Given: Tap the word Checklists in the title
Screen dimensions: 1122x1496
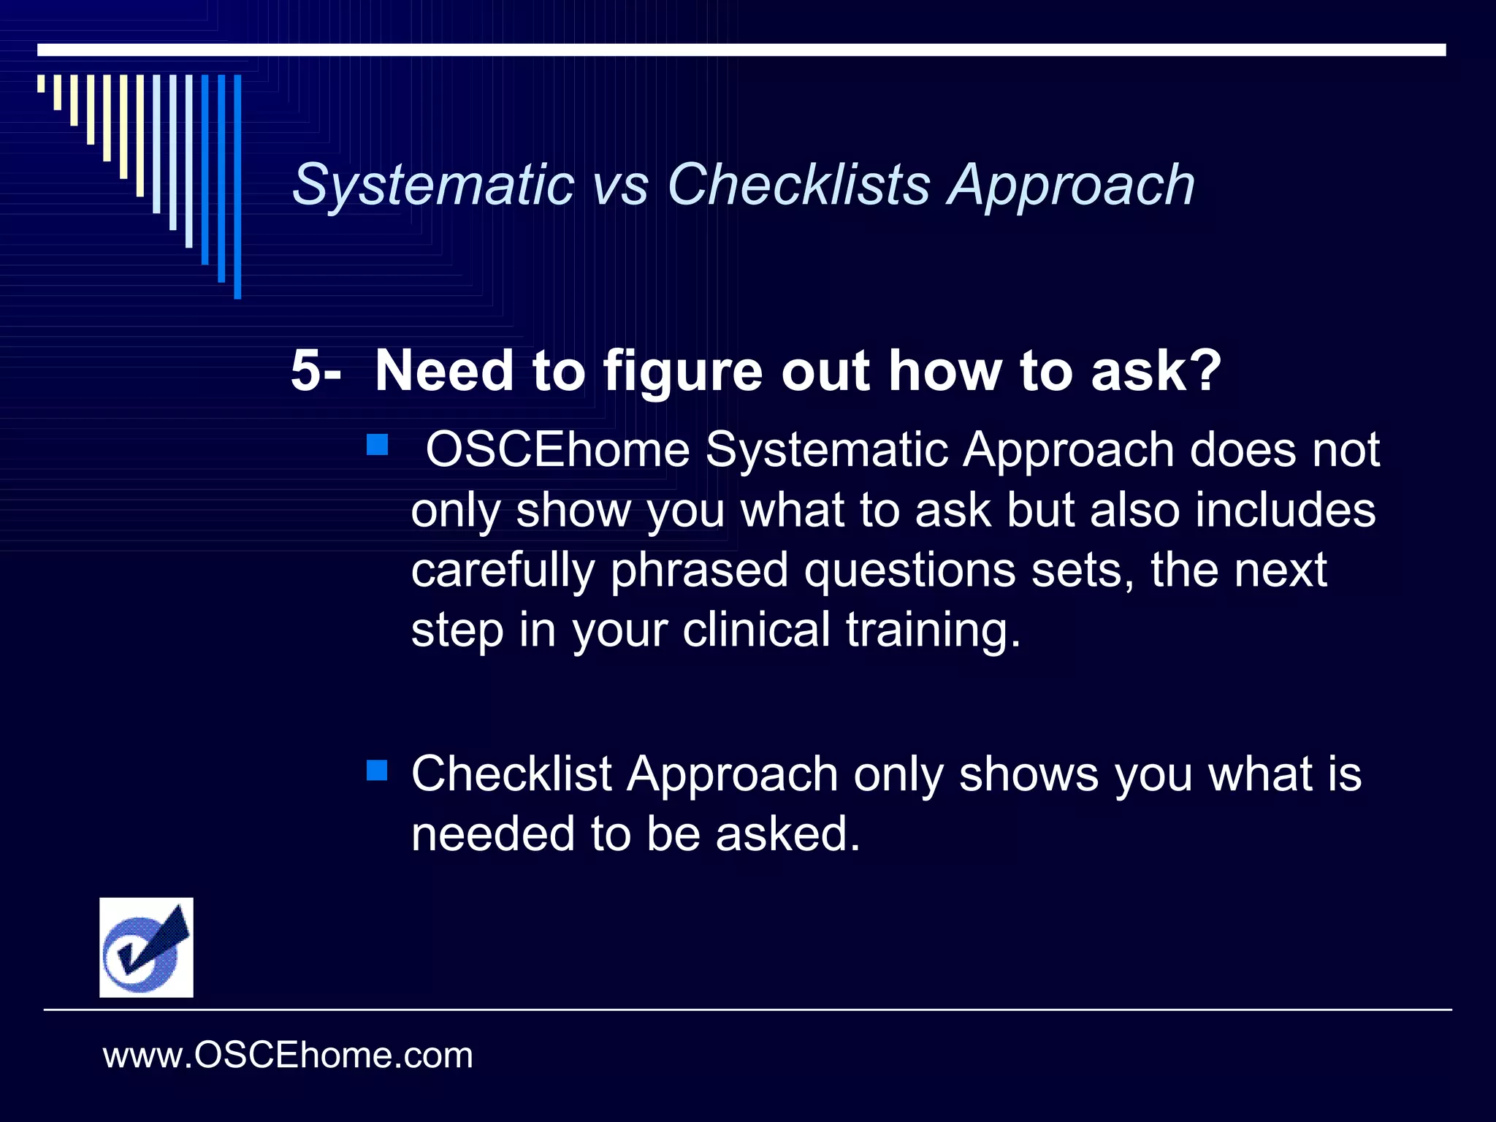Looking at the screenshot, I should pos(798,186).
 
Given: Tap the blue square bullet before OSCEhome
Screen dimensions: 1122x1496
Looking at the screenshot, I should pos(377,445).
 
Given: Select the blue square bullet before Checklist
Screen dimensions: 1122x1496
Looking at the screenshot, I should pos(377,770).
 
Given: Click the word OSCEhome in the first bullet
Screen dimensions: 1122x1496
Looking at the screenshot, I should pos(557,449).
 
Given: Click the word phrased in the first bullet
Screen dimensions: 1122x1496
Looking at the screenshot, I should pos(699,570).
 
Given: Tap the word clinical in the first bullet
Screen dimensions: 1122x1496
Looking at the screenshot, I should pos(756,630).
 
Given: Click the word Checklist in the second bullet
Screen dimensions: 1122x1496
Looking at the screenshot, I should pos(511,774).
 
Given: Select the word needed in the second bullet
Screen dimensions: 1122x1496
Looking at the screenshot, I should pos(492,834).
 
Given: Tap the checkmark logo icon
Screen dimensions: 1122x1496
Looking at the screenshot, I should pos(146,947).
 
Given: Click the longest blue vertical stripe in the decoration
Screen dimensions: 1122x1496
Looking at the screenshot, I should pos(237,186).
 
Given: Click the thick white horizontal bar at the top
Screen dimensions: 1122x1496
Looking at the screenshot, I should pos(741,50).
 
